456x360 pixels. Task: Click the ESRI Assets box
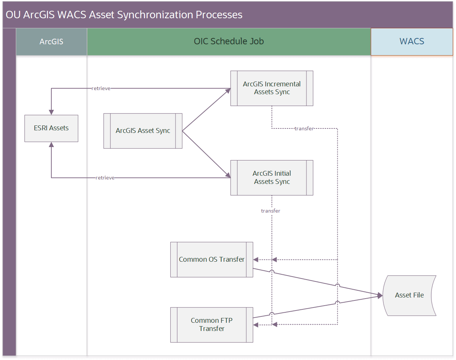[51, 128]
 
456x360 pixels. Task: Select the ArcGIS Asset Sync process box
[143, 131]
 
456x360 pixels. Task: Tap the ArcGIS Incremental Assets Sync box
[272, 88]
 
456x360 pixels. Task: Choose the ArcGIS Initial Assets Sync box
[272, 178]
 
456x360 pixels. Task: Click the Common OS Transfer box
[212, 259]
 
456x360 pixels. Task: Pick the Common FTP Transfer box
[212, 325]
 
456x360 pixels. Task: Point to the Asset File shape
[409, 295]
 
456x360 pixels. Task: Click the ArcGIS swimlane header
[51, 42]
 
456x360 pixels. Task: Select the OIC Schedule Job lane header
[229, 42]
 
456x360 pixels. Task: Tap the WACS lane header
[412, 42]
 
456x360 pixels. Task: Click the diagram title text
[124, 15]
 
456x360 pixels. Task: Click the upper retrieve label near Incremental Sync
[101, 89]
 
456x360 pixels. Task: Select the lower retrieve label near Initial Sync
[105, 178]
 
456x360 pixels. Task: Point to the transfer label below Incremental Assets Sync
[304, 128]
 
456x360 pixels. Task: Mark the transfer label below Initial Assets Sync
[270, 211]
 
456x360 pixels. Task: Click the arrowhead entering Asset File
[380, 295]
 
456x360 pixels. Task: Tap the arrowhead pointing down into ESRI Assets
[51, 112]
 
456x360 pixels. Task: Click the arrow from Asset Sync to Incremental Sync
[206, 110]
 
